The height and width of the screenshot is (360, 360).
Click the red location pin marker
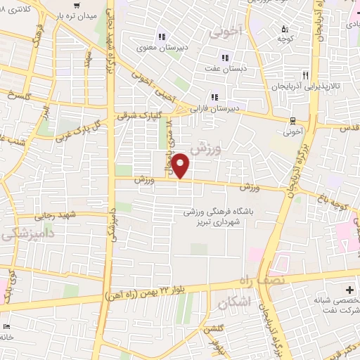coord(181,165)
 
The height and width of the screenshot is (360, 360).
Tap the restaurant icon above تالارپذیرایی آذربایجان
coord(304,74)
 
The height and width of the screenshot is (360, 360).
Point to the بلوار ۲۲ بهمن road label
coord(148,293)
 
